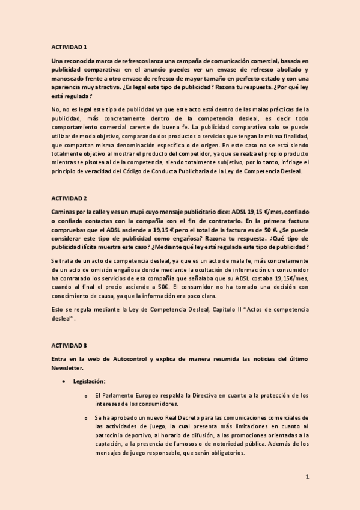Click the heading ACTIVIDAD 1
point(69,46)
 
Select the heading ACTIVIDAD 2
point(69,198)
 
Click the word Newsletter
point(68,367)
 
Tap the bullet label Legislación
point(89,381)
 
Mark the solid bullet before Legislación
point(63,381)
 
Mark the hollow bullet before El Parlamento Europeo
point(87,396)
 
